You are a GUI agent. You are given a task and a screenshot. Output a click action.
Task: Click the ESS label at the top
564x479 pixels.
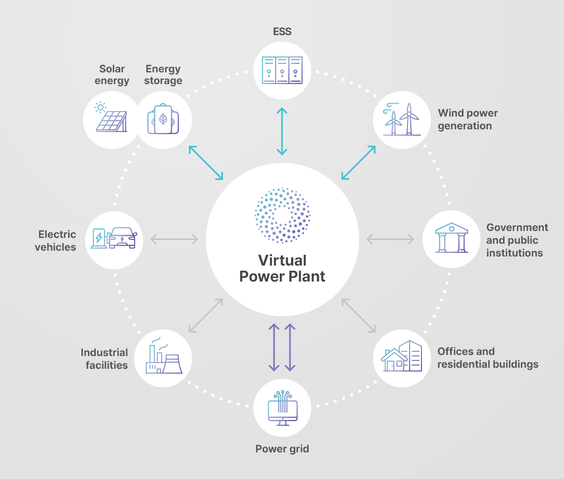[282, 32]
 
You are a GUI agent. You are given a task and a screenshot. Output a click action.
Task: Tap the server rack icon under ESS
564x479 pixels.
[282, 70]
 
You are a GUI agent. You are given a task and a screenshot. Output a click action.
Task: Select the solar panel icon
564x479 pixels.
[111, 117]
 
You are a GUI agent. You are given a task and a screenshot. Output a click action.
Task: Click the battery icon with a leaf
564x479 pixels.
[163, 119]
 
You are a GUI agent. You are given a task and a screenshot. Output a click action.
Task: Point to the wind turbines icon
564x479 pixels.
[402, 119]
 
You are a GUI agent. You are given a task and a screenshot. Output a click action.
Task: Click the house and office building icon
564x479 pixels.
[401, 356]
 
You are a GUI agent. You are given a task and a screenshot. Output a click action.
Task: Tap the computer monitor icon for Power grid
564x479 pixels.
[283, 408]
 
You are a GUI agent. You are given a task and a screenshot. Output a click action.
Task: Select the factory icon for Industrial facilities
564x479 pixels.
[164, 356]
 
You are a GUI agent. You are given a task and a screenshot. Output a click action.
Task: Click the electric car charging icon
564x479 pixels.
[114, 238]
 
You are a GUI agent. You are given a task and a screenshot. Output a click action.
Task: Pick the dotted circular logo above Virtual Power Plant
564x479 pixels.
[283, 215]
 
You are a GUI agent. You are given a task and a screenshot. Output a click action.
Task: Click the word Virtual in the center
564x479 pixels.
[283, 260]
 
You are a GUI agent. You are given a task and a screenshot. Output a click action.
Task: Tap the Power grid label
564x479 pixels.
[282, 449]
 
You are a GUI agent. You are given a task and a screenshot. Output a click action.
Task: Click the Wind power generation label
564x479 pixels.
[468, 119]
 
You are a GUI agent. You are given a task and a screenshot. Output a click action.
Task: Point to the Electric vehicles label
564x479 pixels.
[56, 241]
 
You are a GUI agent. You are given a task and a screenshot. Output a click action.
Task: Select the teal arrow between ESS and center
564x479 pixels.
[282, 131]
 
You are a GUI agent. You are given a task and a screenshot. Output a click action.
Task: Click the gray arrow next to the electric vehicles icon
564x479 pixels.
[174, 239]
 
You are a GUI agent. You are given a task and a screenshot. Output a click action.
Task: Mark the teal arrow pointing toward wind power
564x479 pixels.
[359, 163]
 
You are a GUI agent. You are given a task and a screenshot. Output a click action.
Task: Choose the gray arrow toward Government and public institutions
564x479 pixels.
[390, 239]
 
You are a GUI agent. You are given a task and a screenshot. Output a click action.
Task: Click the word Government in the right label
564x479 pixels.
[517, 227]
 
